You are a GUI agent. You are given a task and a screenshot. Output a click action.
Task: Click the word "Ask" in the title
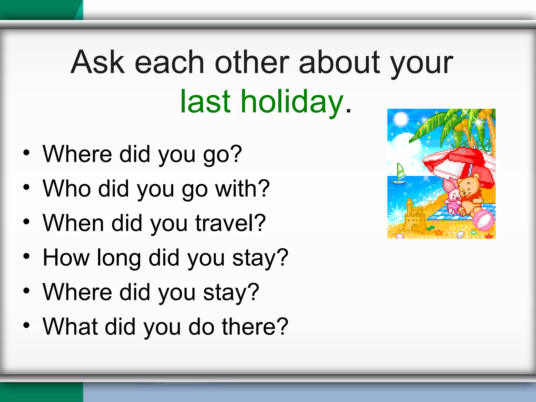pyautogui.click(x=98, y=62)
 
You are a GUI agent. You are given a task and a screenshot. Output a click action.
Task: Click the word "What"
pyautogui.click(x=70, y=326)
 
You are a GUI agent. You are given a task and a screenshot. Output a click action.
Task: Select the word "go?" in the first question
pyautogui.click(x=222, y=154)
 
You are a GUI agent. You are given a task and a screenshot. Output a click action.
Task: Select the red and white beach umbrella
pyautogui.click(x=461, y=162)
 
